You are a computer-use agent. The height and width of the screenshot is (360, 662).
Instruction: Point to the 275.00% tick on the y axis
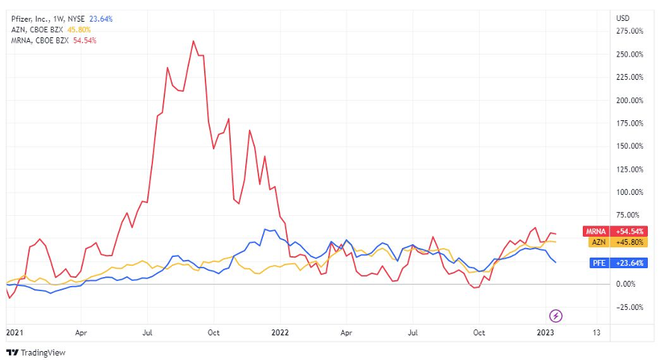629,31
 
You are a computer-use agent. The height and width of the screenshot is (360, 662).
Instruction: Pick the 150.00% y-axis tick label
629,146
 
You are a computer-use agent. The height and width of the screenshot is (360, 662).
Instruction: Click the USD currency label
622,17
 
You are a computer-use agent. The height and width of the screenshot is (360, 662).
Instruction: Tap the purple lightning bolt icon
556,315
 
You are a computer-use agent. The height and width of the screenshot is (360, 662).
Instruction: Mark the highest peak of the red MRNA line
194,41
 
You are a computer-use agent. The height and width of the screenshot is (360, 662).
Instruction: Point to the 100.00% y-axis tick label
629,192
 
